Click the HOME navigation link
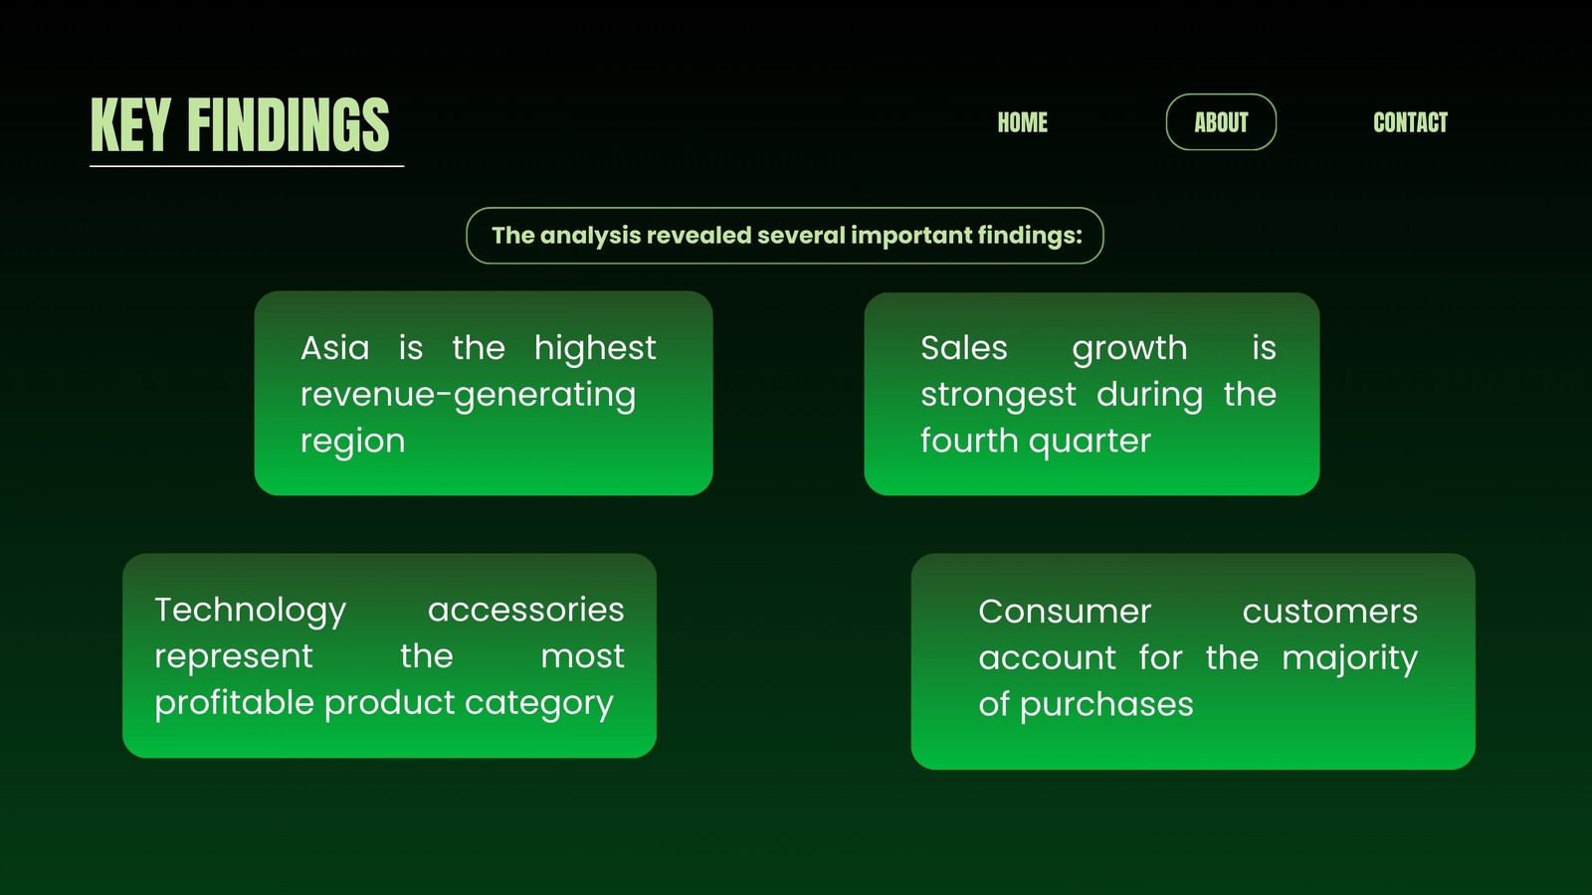point(1022,122)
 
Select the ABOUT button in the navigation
point(1221,122)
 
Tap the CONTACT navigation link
point(1410,122)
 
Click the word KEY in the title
point(130,124)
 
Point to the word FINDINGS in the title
point(289,124)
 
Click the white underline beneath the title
point(247,166)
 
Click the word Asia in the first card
point(334,348)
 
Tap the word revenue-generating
point(468,396)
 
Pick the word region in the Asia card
point(352,442)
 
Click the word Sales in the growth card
point(964,348)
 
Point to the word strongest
point(999,396)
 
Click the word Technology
point(250,611)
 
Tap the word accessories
point(526,610)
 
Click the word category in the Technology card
point(538,704)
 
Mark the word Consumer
point(1064,612)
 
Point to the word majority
point(1349,659)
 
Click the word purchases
point(1106,705)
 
